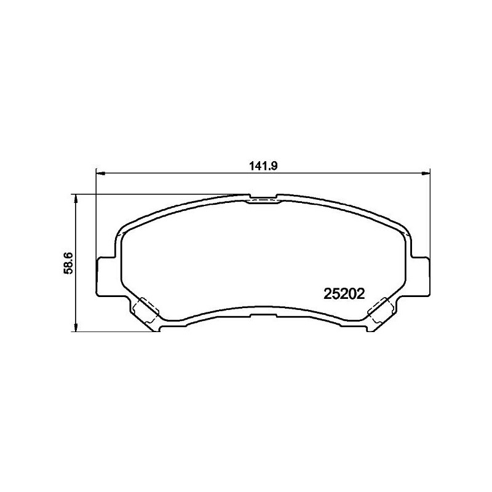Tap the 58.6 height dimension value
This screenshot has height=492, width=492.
point(69,263)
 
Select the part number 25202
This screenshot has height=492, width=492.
point(345,294)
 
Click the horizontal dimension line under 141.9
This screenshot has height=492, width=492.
point(184,173)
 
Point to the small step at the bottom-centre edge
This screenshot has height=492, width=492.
point(262,307)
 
